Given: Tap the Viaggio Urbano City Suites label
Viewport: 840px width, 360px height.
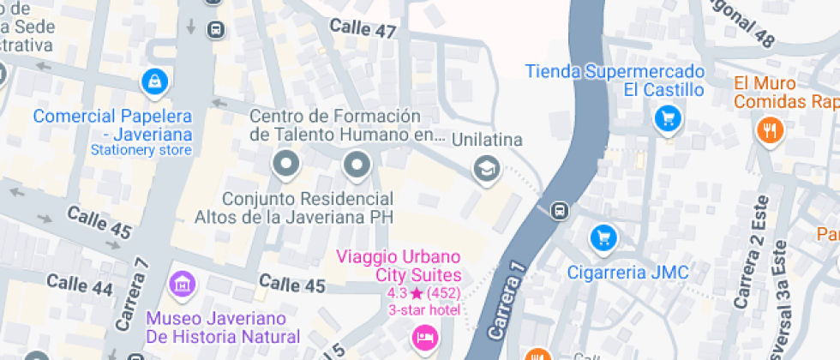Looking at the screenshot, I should click(399, 266).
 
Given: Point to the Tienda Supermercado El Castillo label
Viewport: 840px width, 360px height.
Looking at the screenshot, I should click(615, 80).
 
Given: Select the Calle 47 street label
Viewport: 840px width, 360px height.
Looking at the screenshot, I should click(363, 29).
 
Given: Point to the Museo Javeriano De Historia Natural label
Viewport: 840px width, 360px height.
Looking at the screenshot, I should click(223, 328).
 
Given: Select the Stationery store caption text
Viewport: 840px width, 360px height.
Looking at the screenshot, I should click(141, 150).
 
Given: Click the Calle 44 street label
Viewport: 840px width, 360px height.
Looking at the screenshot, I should click(80, 286).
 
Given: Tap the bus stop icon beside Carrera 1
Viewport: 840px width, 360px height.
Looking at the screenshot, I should click(559, 210).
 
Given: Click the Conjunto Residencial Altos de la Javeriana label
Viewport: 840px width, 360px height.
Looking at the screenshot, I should click(294, 208).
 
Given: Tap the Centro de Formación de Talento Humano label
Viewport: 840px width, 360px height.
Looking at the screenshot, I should click(348, 125).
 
